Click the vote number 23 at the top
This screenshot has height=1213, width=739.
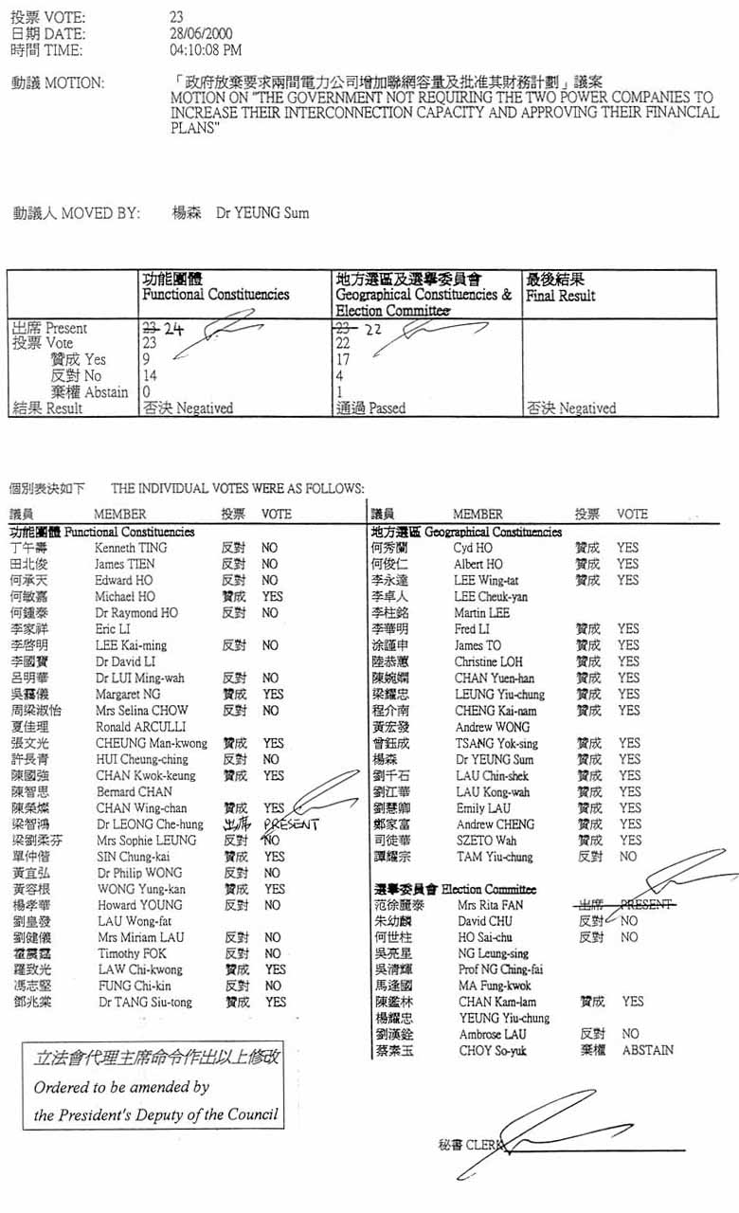point(176,18)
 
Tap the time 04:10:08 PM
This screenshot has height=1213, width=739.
point(206,50)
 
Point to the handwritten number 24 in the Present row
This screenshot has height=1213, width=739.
point(172,330)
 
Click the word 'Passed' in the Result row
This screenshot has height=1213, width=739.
point(387,408)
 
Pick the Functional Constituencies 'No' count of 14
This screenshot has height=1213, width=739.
point(150,376)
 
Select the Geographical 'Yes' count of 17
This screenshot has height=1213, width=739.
point(344,360)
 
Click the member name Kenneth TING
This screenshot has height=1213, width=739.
point(131,548)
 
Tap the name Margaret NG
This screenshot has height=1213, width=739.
point(126,695)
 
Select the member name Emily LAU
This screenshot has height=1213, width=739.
point(483,808)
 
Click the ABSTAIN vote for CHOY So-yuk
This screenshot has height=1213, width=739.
point(648,1050)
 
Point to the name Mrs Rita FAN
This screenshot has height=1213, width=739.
point(491,905)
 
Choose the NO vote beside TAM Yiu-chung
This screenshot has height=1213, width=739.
point(627,857)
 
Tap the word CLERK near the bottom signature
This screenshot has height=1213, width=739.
point(484,1144)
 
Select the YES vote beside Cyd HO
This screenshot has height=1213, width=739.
point(627,548)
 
